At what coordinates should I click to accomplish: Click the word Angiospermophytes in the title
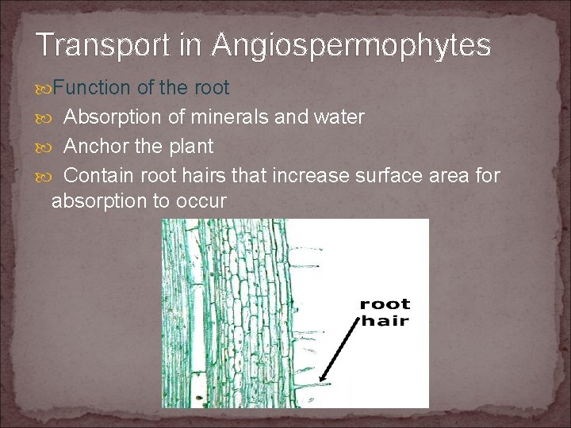point(351,46)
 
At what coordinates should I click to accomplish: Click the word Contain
point(99,174)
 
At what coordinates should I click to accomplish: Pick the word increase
point(308,174)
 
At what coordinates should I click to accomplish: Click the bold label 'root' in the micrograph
point(385,304)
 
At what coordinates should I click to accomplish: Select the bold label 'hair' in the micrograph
point(385,320)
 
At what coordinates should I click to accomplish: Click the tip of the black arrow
point(319,382)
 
